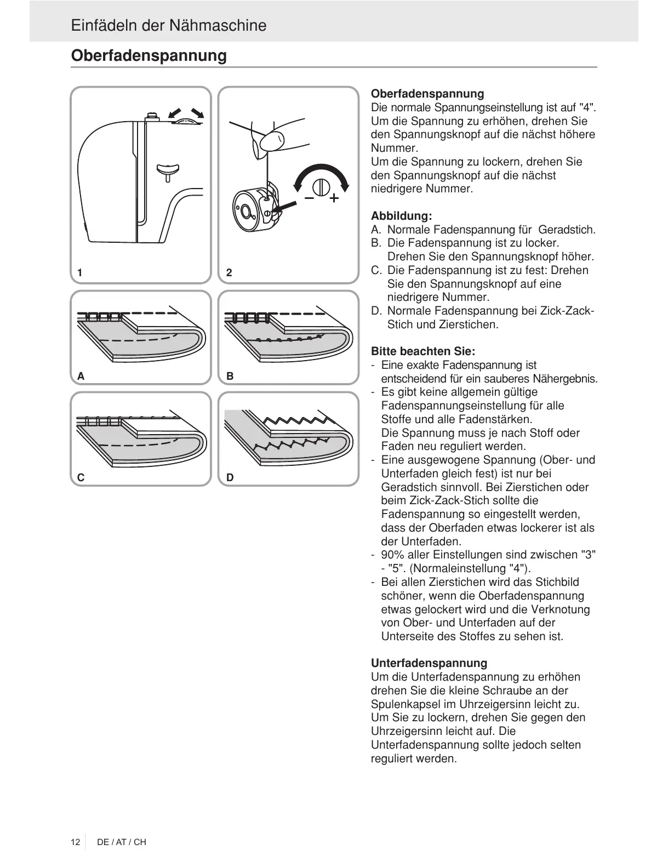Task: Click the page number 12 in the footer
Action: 75,842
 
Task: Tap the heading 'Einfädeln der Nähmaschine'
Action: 168,26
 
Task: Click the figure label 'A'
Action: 81,377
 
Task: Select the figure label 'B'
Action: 230,377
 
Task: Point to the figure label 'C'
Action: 81,477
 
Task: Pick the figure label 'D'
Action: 230,477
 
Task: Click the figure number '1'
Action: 80,272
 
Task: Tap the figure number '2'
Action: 229,272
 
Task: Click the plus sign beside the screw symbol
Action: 333,198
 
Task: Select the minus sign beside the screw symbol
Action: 309,197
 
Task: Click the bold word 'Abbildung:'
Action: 401,216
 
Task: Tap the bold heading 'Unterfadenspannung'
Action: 429,663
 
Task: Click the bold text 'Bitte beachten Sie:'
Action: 423,351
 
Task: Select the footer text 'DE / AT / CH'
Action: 121,842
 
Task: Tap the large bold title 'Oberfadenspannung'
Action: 149,55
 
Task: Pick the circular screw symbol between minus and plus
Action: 322,186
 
